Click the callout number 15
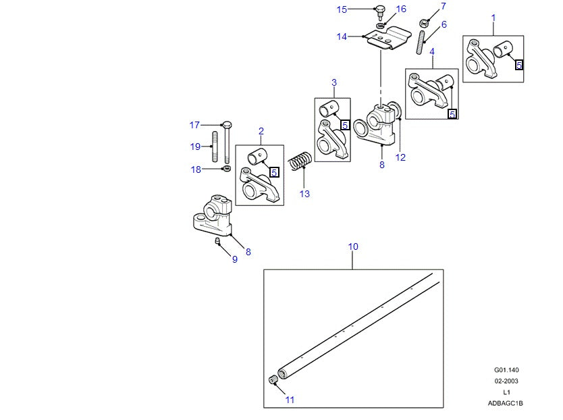(342, 9)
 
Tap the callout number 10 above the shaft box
(353, 246)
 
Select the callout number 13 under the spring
(304, 194)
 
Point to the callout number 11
(290, 400)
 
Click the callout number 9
(235, 259)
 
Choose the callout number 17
(194, 125)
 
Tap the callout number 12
(400, 158)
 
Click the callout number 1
(493, 17)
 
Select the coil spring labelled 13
(300, 163)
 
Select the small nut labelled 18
(226, 168)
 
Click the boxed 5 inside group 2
(273, 172)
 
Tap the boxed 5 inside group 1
(518, 65)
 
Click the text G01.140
(506, 370)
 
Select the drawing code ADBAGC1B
(506, 403)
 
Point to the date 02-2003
(506, 381)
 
